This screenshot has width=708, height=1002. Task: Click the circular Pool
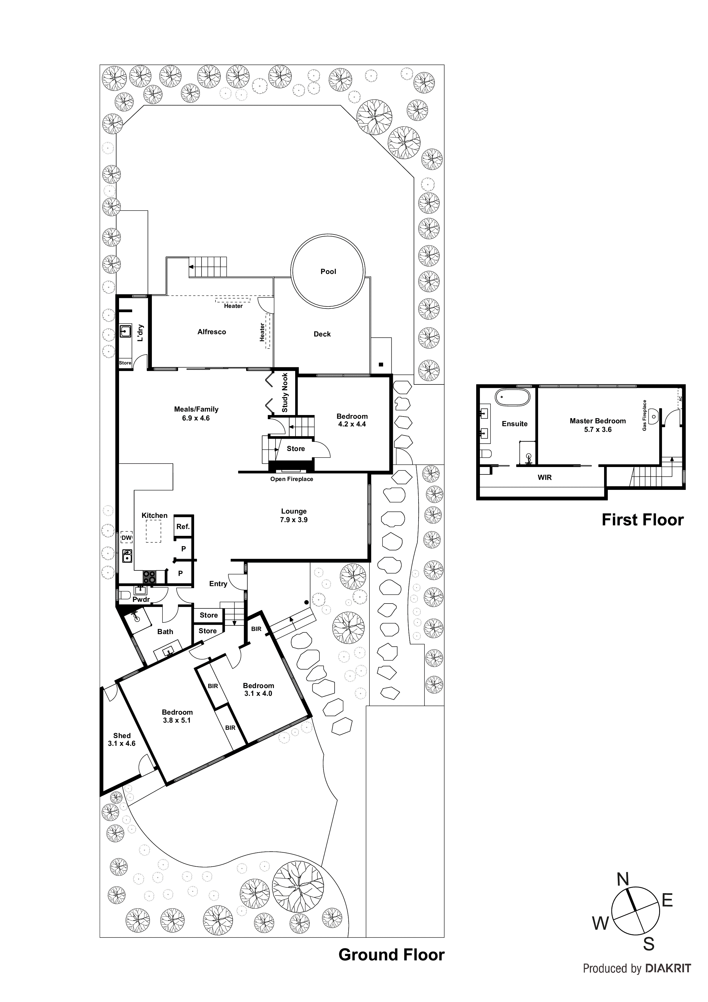328,271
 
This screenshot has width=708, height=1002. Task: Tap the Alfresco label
212,332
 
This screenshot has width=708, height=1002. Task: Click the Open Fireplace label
291,479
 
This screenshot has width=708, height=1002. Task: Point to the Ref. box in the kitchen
183,527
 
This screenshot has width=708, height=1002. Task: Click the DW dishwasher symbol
126,537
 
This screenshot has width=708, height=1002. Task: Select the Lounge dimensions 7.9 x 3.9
293,520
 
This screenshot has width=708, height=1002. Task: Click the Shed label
122,735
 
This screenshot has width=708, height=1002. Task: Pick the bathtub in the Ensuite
512,398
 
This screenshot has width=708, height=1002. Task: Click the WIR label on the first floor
544,477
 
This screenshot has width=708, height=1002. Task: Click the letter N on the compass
623,879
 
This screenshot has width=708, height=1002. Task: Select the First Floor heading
642,520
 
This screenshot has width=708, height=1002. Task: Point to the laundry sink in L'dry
126,332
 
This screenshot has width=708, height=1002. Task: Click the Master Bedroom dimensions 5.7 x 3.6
598,429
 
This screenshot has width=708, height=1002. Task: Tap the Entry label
218,584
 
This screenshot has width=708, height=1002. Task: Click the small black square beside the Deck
381,364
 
